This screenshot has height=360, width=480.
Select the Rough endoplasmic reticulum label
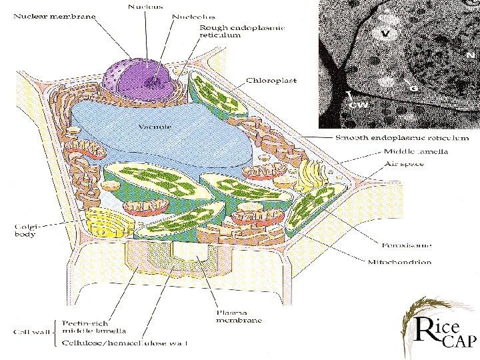tap(243, 31)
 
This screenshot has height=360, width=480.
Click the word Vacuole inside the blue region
tap(155, 125)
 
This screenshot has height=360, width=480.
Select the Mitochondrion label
tap(400, 262)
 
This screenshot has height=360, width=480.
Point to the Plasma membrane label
tap(239, 316)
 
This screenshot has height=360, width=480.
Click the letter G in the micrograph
tap(413, 87)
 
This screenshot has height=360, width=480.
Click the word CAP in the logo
tap(457, 342)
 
